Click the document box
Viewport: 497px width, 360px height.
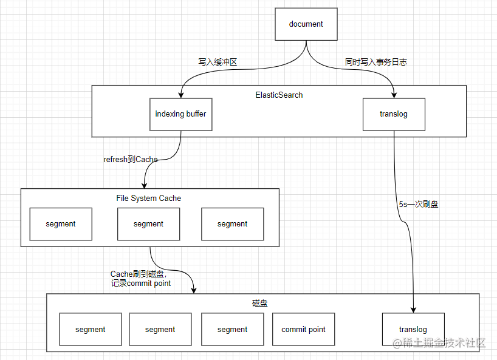click(306, 24)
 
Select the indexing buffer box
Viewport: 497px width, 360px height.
click(181, 114)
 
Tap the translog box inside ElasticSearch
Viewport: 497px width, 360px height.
click(394, 114)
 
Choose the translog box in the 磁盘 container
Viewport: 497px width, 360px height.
click(413, 330)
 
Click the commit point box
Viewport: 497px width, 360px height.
click(303, 330)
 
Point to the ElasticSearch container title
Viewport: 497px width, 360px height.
click(279, 95)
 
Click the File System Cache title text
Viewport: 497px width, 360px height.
click(148, 198)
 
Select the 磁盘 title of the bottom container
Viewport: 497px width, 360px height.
click(259, 302)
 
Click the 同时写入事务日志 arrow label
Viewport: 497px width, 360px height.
click(375, 62)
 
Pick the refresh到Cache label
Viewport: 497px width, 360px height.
click(131, 160)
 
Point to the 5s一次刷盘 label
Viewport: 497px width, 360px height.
click(419, 205)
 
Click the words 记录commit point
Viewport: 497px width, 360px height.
click(141, 283)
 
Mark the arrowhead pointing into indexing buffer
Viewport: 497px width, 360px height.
click(181, 94)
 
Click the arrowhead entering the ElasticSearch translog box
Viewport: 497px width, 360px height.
click(394, 94)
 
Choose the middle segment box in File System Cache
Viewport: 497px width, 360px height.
click(148, 224)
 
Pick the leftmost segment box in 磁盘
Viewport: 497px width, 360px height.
click(91, 330)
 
